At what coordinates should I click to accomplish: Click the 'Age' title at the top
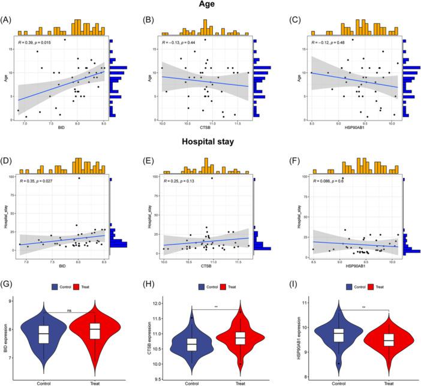click(209, 7)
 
